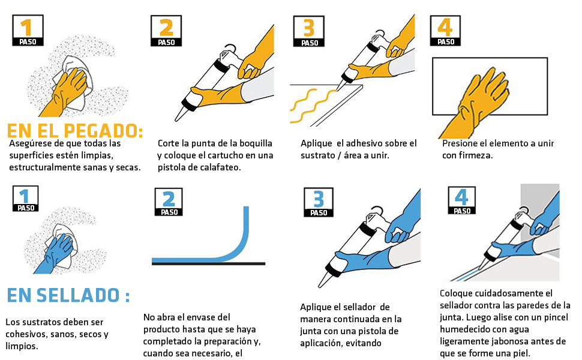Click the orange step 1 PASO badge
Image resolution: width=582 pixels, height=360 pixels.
coord(28,31)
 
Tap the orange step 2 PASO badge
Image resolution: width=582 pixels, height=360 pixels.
coord(166,31)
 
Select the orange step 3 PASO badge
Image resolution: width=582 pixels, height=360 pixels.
coord(309,31)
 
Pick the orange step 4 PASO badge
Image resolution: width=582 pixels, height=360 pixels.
coord(445,31)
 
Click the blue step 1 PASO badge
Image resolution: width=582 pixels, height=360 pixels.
coord(26,199)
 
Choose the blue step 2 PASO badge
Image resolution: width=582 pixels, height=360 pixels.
coord(169,202)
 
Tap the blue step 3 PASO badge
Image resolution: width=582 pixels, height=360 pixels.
coord(319,202)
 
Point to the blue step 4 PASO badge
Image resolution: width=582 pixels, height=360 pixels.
coord(462,200)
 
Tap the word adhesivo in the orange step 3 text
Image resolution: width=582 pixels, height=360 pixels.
coord(363,143)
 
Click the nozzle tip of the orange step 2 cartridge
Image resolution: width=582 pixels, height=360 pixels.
coord(176,119)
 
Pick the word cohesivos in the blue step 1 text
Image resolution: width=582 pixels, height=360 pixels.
coord(25,334)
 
